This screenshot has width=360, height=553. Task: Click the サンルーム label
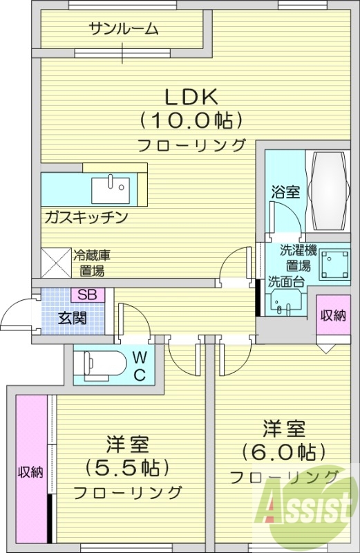click(123, 29)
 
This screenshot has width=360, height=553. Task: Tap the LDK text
click(191, 95)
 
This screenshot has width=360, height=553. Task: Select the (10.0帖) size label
click(191, 120)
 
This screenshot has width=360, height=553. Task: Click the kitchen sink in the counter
click(110, 185)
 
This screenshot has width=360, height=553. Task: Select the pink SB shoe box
click(86, 294)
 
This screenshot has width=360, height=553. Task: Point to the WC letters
click(139, 366)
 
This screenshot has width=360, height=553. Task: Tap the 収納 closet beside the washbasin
click(332, 315)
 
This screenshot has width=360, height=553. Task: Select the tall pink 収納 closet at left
click(30, 473)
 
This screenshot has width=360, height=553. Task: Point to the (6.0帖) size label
click(283, 452)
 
